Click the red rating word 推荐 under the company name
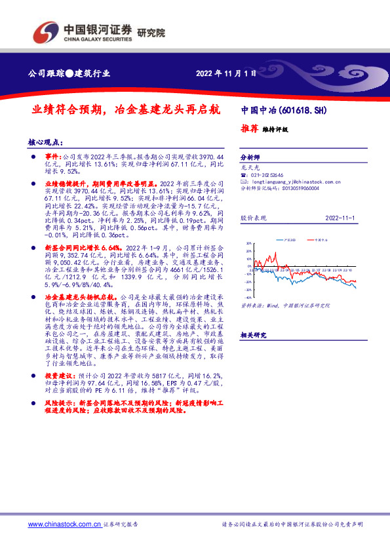(x=248, y=129)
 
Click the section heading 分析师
(x=250, y=158)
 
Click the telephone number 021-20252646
(x=269, y=176)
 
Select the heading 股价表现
(x=252, y=216)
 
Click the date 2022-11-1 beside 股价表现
(x=340, y=216)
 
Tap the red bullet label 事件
(x=52, y=158)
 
